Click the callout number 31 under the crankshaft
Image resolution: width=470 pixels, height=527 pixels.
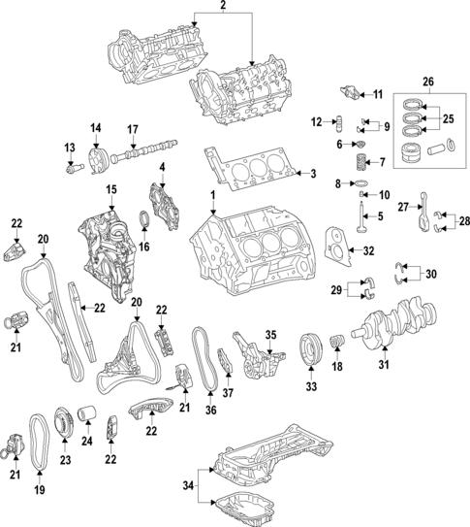[x=383, y=366]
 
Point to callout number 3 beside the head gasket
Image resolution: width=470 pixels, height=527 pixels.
[x=313, y=174]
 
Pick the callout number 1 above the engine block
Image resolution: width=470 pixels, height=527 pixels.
[x=211, y=197]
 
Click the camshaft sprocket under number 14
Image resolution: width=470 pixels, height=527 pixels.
[x=96, y=158]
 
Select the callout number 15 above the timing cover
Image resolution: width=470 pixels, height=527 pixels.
[x=111, y=188]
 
